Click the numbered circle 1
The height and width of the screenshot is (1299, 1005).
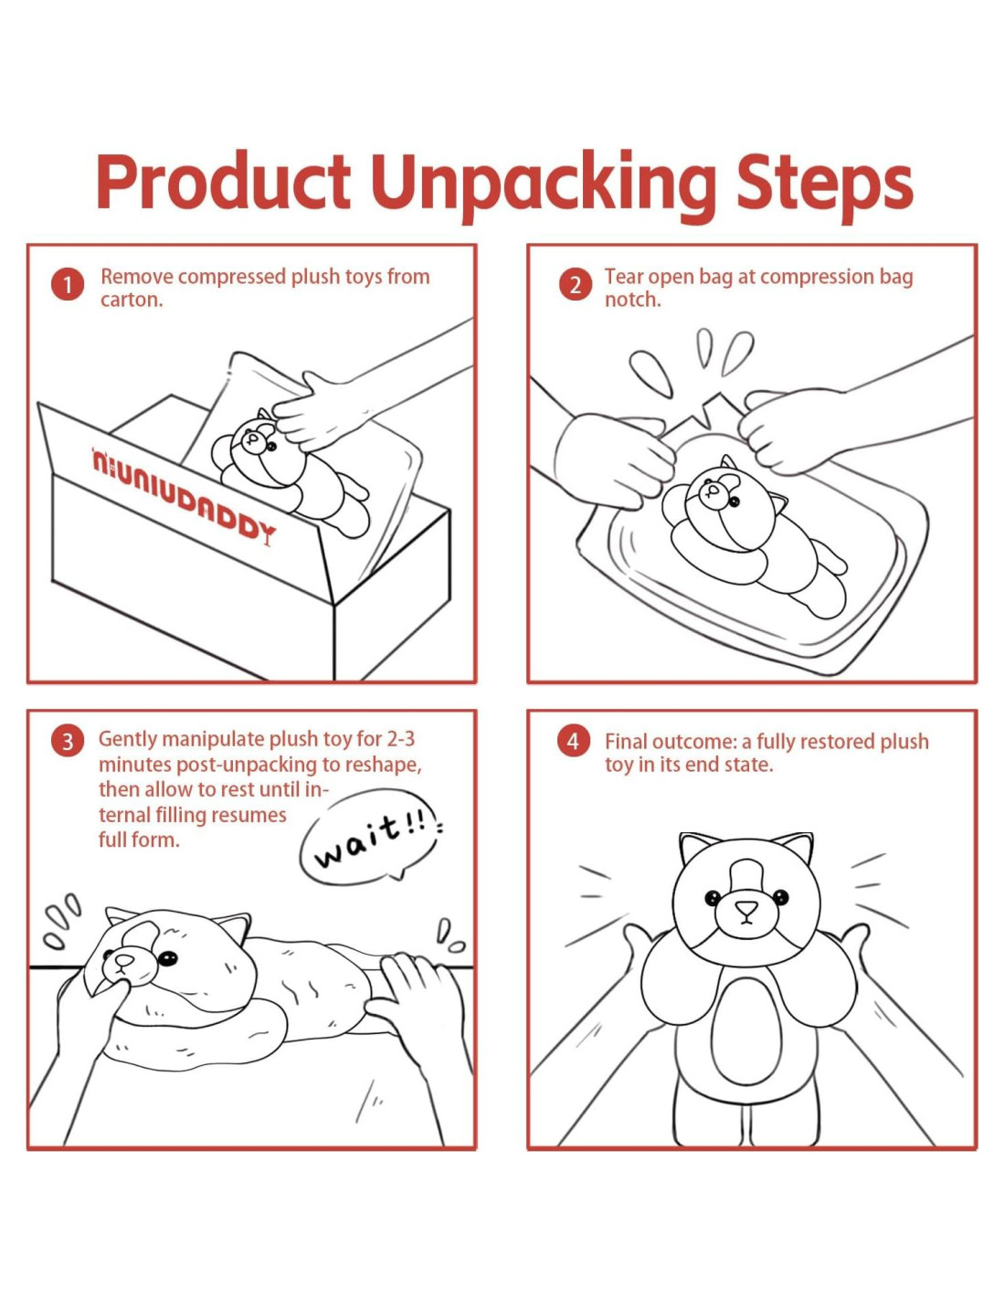(67, 285)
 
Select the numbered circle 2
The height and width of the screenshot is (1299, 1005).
(575, 285)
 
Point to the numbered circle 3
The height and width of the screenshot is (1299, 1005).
(67, 742)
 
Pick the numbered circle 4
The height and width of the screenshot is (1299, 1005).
(574, 742)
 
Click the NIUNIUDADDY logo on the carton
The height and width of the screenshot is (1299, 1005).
(183, 495)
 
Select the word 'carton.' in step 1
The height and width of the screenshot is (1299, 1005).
(132, 300)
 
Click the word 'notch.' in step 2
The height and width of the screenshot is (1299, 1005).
(633, 300)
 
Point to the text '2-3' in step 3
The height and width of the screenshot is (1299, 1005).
(400, 739)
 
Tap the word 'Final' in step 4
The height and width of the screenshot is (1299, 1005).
(626, 742)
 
